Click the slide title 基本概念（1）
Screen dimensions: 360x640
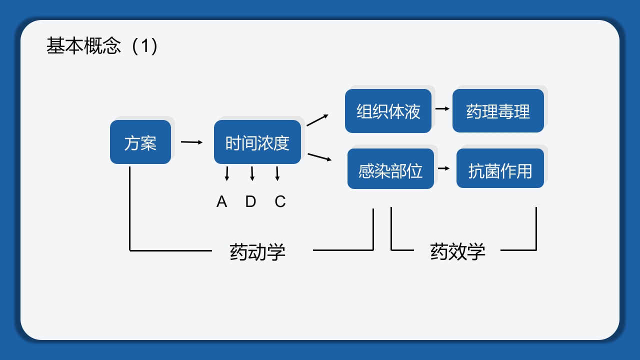[x=102, y=46]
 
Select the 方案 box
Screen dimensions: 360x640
[x=140, y=142]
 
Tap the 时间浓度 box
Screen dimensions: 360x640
[x=257, y=142]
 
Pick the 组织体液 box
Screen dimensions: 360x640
[x=388, y=111]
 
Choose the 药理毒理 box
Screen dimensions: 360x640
[x=498, y=111]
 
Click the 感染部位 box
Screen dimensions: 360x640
[x=390, y=169]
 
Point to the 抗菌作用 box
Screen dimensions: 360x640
[x=500, y=169]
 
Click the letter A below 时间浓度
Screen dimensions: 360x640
[x=221, y=201]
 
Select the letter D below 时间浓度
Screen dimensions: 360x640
[x=250, y=201]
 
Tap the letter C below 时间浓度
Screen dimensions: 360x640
[x=280, y=201]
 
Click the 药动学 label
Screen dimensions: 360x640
[x=257, y=251]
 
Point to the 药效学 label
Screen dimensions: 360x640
[x=457, y=251]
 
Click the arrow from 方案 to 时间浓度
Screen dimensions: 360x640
[x=192, y=142]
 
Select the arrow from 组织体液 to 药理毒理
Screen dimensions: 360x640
[x=442, y=108]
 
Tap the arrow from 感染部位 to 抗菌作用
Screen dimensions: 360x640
[x=443, y=168]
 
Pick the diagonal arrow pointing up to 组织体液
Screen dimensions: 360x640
[x=317, y=120]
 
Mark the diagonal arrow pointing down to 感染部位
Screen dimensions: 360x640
[x=319, y=157]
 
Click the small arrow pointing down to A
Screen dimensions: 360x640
[x=227, y=173]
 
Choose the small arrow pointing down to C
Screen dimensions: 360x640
[x=277, y=173]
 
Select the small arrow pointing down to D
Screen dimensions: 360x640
[x=252, y=173]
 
